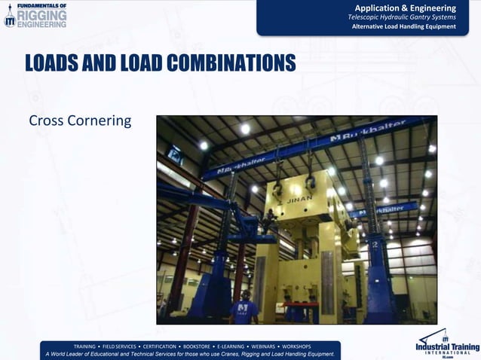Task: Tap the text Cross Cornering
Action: pyautogui.click(x=80, y=121)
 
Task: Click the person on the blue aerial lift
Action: pyautogui.click(x=268, y=219)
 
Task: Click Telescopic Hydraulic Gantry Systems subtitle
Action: pyautogui.click(x=401, y=17)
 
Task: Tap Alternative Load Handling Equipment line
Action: pyautogui.click(x=404, y=27)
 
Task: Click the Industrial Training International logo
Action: pyautogui.click(x=446, y=343)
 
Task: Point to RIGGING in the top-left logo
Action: pyautogui.click(x=41, y=14)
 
